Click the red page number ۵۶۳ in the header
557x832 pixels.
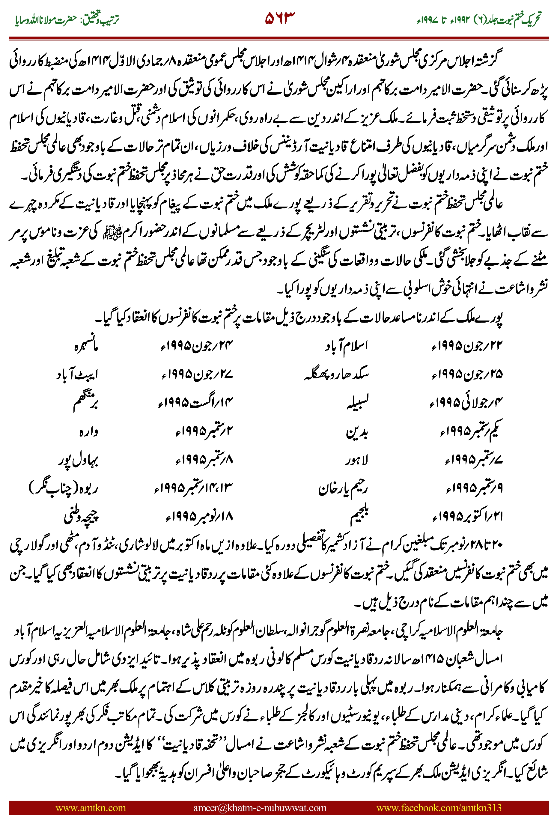pyautogui.click(x=280, y=18)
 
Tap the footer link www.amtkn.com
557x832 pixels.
pyautogui.click(x=91, y=807)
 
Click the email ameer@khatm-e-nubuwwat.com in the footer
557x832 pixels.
pyautogui.click(x=260, y=807)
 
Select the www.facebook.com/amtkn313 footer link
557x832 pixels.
pyautogui.click(x=439, y=807)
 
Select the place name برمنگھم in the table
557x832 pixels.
pyautogui.click(x=85, y=403)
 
